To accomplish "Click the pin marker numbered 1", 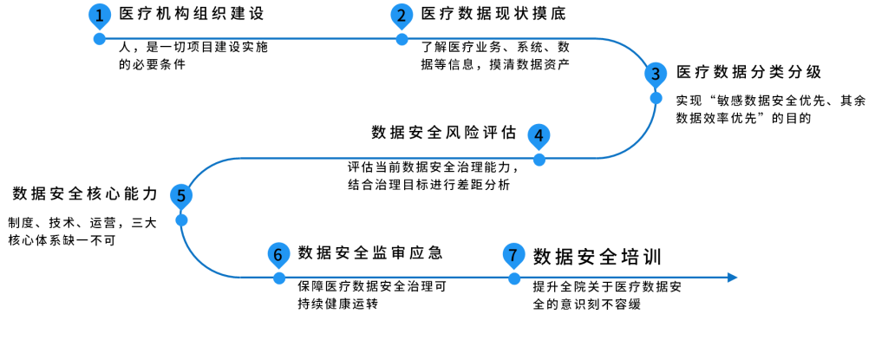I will pyautogui.click(x=100, y=16).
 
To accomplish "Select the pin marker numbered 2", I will pyautogui.click(x=402, y=16).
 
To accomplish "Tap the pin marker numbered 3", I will pyautogui.click(x=656, y=74).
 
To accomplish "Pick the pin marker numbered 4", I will pyautogui.click(x=539, y=136).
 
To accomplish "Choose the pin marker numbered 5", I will pyautogui.click(x=181, y=196).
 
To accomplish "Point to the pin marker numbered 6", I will pyautogui.click(x=278, y=255).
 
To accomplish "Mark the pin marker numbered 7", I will pyautogui.click(x=513, y=255).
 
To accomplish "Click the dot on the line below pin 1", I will pyautogui.click(x=100, y=39).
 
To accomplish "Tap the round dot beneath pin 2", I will pyautogui.click(x=402, y=39).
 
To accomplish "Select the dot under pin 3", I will pyautogui.click(x=656, y=97).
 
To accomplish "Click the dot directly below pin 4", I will pyautogui.click(x=539, y=160).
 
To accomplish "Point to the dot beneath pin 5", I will pyautogui.click(x=181, y=219).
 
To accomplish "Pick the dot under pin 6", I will pyautogui.click(x=278, y=278).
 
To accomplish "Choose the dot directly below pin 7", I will pyautogui.click(x=514, y=278).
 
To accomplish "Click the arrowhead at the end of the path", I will pyautogui.click(x=733, y=278).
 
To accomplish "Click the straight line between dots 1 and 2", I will pyautogui.click(x=251, y=39).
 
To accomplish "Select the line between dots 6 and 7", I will pyautogui.click(x=396, y=278).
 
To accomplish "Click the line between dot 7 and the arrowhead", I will pyautogui.click(x=624, y=278).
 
